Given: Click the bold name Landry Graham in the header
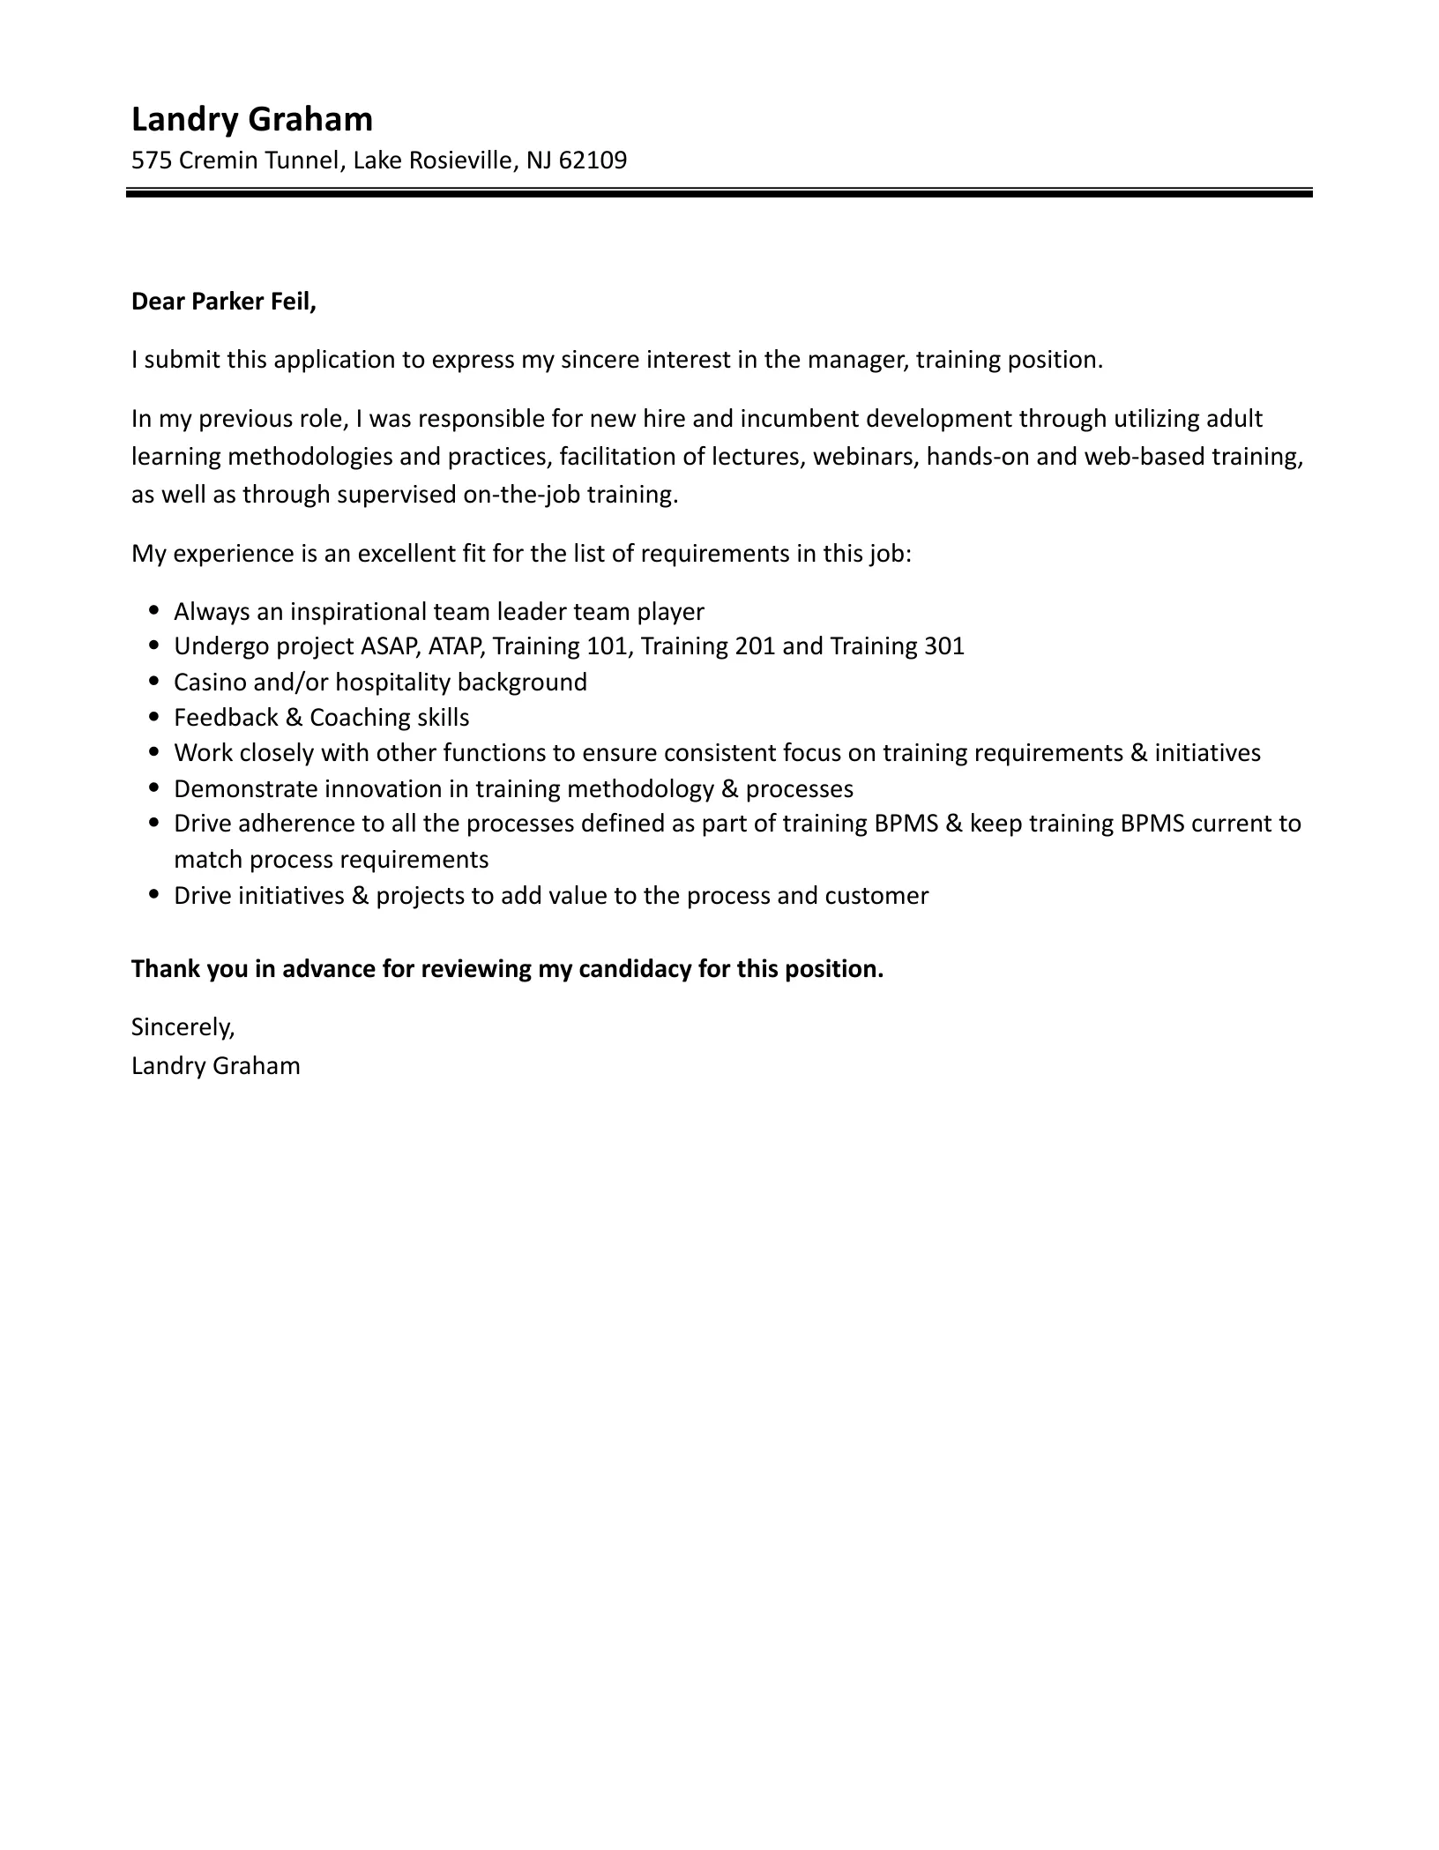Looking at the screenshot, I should pyautogui.click(x=251, y=119).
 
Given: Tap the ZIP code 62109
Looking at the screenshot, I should pyautogui.click(x=593, y=160).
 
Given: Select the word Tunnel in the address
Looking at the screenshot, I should pyautogui.click(x=303, y=160).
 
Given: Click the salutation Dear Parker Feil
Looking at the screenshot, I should pyautogui.click(x=223, y=302).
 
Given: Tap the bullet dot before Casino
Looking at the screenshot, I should pyautogui.click(x=156, y=682).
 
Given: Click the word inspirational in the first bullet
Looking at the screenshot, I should pyautogui.click(x=359, y=611).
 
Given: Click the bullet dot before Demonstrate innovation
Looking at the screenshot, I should pyautogui.click(x=156, y=787).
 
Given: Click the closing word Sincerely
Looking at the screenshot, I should pyautogui.click(x=183, y=1026).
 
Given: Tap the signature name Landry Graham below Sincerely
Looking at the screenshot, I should pyautogui.click(x=216, y=1065).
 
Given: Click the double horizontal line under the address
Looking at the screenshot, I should pyautogui.click(x=719, y=192).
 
